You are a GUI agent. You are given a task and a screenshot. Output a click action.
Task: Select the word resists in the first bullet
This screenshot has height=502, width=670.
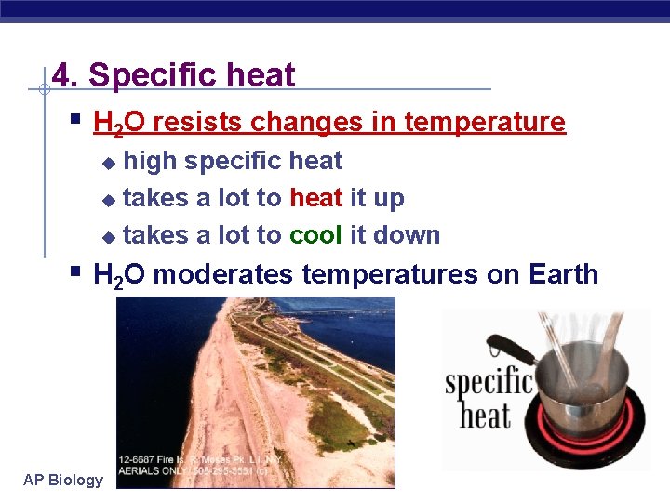point(194,122)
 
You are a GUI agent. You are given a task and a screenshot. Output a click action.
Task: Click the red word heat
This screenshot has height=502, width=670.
point(316,198)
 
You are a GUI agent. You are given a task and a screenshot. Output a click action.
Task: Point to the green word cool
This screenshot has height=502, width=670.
point(316,235)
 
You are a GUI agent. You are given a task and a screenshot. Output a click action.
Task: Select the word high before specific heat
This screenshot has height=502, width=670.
point(150,161)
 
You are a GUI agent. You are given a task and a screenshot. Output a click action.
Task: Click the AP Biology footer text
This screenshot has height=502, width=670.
point(63,480)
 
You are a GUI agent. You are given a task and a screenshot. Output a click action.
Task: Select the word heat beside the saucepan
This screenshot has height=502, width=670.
point(485,416)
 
